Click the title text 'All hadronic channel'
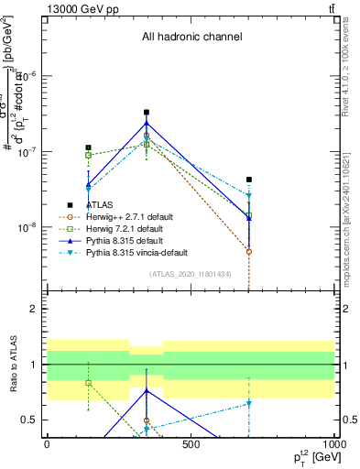(x=191, y=37)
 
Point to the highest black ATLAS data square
(x=147, y=113)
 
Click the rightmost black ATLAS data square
(x=248, y=180)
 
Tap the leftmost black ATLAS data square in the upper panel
(x=88, y=147)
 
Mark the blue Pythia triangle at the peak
(x=147, y=123)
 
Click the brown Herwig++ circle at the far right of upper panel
(x=248, y=251)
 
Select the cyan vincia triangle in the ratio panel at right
(x=248, y=403)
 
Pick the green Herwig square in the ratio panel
(x=88, y=383)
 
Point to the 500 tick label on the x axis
(x=190, y=443)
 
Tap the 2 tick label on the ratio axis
(x=34, y=309)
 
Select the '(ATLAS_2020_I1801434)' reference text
(x=190, y=274)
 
